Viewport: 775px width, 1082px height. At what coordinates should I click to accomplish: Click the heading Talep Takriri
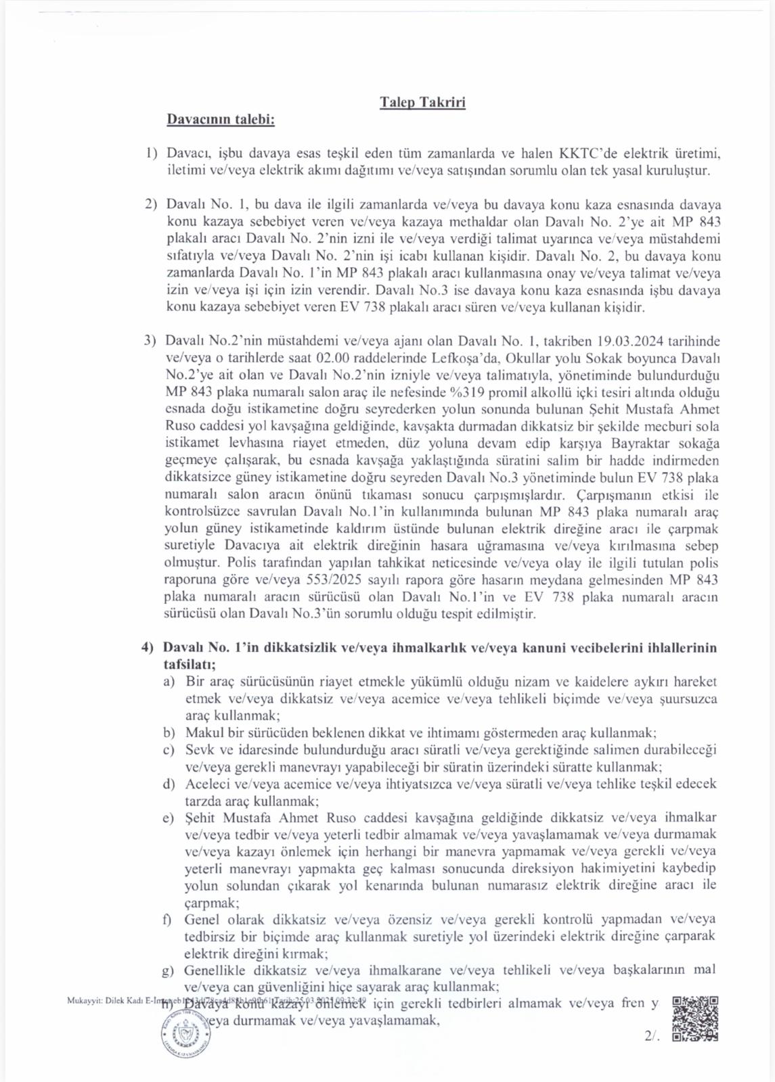pos(422,103)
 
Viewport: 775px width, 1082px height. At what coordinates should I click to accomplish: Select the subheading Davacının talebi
pos(221,120)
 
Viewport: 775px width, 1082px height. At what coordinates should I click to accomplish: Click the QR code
pos(696,1018)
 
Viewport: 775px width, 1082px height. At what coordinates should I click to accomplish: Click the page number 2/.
pos(652,1036)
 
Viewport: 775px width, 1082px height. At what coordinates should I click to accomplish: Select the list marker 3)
pos(150,340)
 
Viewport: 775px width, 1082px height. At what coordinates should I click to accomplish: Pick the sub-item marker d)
pos(169,784)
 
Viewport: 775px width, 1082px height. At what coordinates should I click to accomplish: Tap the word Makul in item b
pos(204,732)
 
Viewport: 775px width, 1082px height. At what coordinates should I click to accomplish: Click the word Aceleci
pos(208,784)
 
